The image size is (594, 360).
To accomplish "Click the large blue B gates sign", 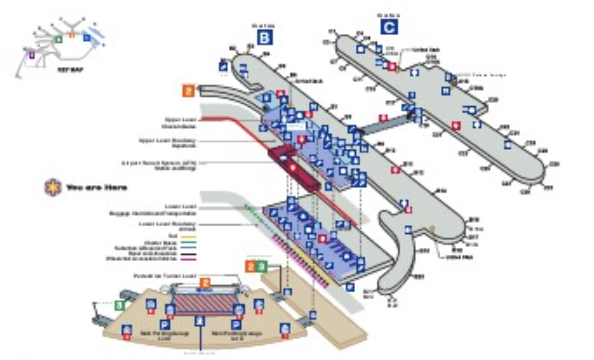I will click(265, 38).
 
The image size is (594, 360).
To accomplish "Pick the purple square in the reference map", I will click(32, 55).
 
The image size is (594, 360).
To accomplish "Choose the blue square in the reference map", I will click(87, 37).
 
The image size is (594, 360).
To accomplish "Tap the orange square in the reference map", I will click(72, 35).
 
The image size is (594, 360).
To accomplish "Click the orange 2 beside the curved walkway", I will click(188, 91).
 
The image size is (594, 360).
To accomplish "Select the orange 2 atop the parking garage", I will click(204, 283).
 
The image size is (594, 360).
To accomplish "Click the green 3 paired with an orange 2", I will click(262, 266).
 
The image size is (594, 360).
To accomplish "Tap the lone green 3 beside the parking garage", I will click(119, 305).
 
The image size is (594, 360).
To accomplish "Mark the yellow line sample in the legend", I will click(188, 237).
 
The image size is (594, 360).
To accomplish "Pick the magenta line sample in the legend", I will click(188, 259).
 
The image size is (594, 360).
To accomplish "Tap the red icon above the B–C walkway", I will click(383, 118).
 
